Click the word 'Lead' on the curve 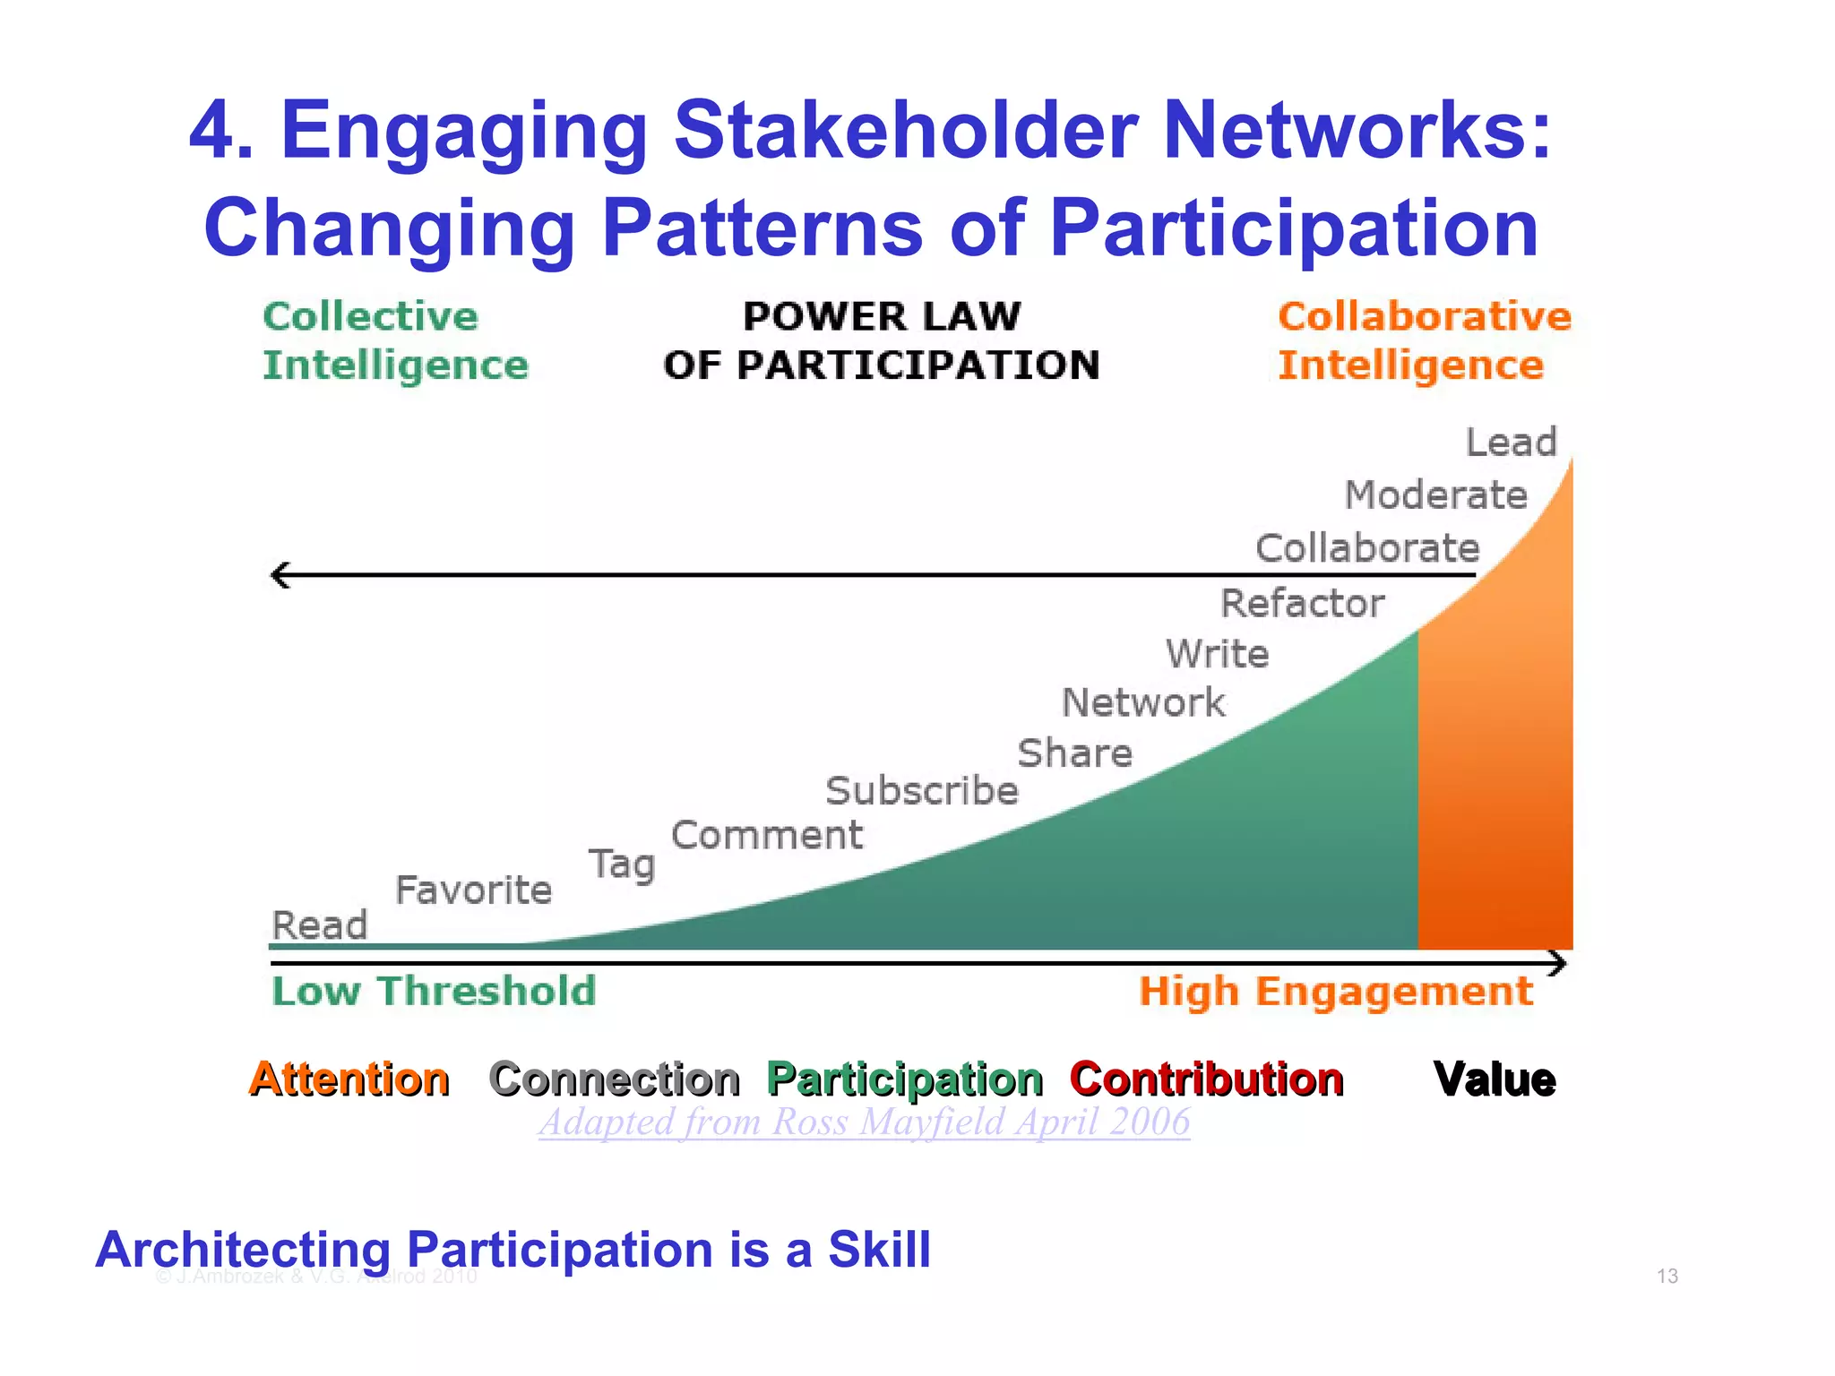pyautogui.click(x=1511, y=443)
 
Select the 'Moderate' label pyautogui.click(x=1435, y=495)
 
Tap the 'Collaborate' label pyautogui.click(x=1366, y=548)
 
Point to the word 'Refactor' pyautogui.click(x=1302, y=603)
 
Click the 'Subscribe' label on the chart pyautogui.click(x=921, y=791)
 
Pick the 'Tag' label pyautogui.click(x=622, y=864)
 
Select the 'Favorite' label pyautogui.click(x=473, y=890)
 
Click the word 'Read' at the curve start pyautogui.click(x=320, y=925)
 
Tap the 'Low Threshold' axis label pyautogui.click(x=434, y=991)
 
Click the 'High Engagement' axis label pyautogui.click(x=1335, y=991)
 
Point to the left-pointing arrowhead pyautogui.click(x=280, y=575)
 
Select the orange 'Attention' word pyautogui.click(x=349, y=1079)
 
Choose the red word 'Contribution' pyautogui.click(x=1206, y=1079)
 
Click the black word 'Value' pyautogui.click(x=1494, y=1079)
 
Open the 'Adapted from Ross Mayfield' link pyautogui.click(x=865, y=1122)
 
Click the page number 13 pyautogui.click(x=1667, y=1276)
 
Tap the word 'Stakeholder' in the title pyautogui.click(x=905, y=130)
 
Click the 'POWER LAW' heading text pyautogui.click(x=882, y=316)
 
